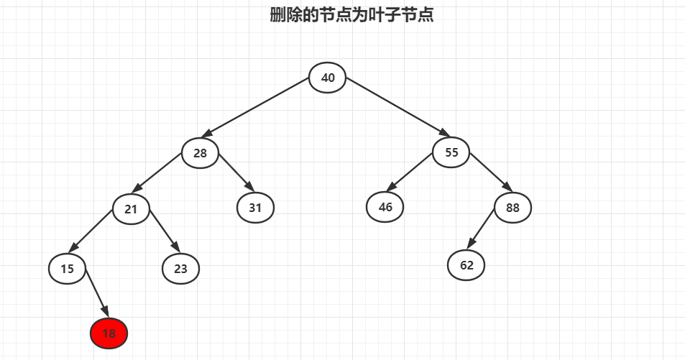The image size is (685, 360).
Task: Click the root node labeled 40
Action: [328, 78]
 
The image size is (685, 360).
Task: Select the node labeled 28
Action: [200, 153]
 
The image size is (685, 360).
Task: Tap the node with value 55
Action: [451, 152]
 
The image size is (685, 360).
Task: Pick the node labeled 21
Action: [131, 209]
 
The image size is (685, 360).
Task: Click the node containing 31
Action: [255, 208]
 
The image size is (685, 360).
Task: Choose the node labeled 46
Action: [385, 207]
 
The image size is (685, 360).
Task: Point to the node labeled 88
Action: [512, 208]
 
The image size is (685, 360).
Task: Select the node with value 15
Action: [68, 269]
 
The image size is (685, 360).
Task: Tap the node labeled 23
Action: [180, 269]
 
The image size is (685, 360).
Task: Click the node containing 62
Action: [466, 265]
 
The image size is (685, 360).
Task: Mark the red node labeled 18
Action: [109, 333]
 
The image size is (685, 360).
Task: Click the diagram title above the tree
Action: [351, 14]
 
